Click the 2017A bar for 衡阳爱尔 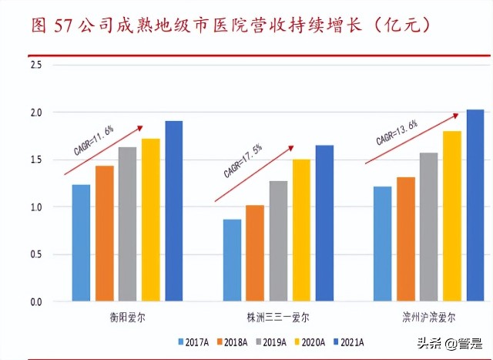point(81,243)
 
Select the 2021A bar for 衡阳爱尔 point(173,210)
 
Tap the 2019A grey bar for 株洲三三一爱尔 point(278,241)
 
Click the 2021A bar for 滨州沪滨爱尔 point(475,205)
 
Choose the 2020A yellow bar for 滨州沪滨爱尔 point(452,216)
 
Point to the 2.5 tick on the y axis point(35,65)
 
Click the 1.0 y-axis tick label point(35,207)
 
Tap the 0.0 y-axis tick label point(35,302)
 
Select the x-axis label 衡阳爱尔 point(127,317)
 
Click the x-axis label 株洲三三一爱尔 point(278,317)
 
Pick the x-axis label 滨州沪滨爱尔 point(429,317)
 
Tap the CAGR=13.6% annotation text point(397,132)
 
